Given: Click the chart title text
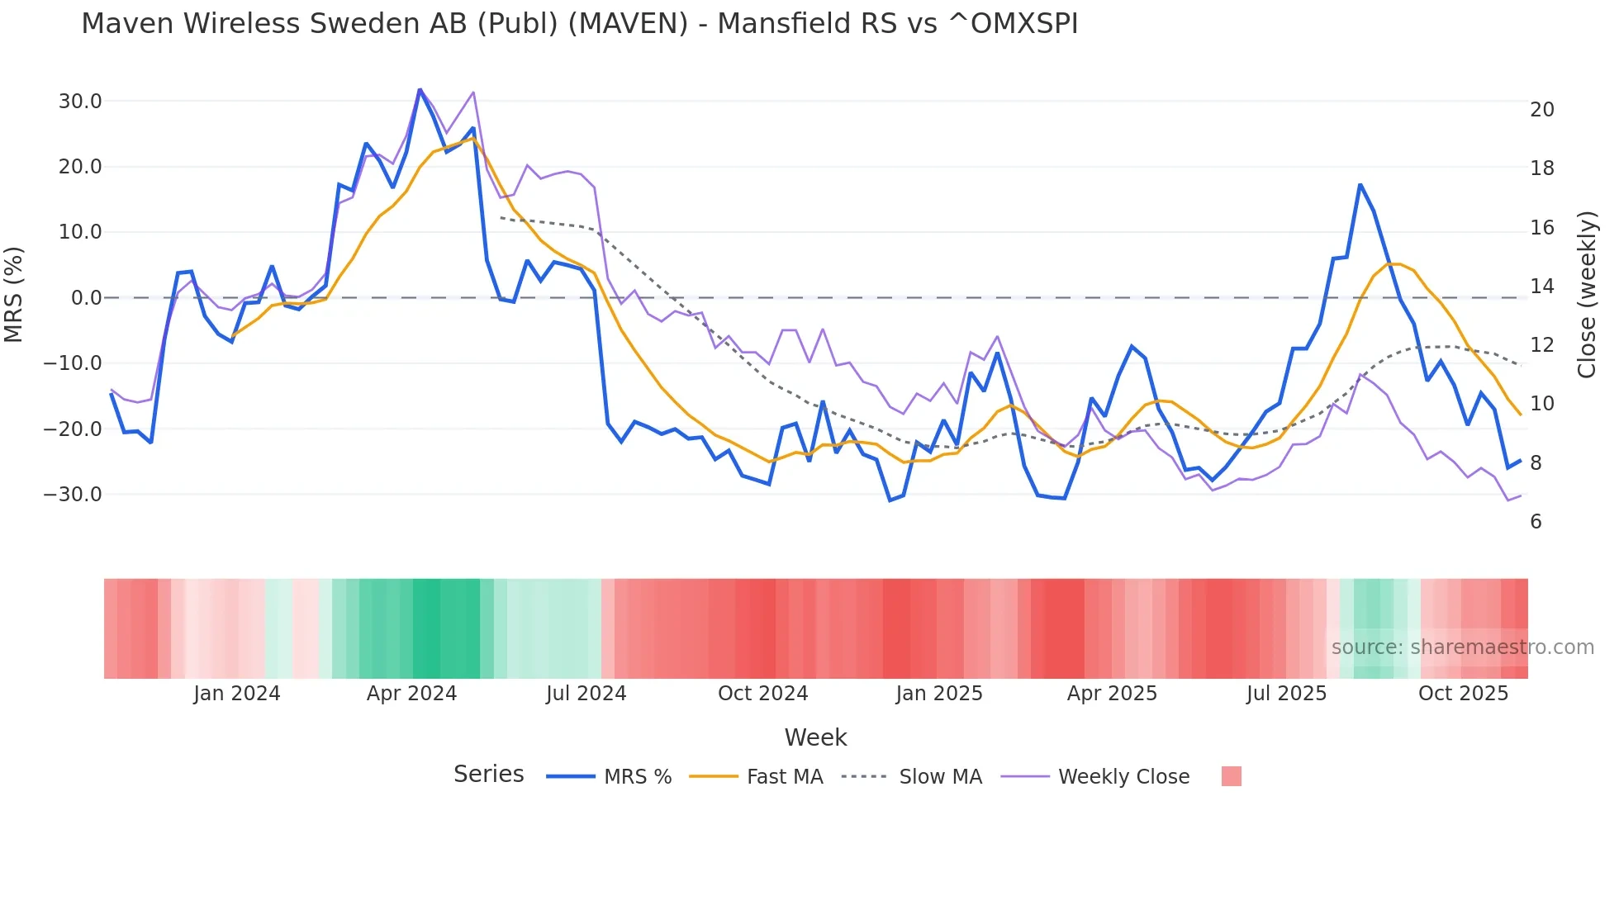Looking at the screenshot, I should tap(579, 24).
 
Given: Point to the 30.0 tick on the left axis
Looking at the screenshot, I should tap(80, 102).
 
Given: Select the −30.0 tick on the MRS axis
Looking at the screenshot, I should tap(74, 495).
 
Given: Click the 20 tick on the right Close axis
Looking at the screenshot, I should tap(1541, 110).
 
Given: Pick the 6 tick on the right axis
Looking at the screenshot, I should tap(1536, 522).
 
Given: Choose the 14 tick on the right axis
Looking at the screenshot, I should tap(1541, 287).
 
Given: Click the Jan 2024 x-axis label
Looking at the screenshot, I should tap(237, 694).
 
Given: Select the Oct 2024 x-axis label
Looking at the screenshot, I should tap(762, 694).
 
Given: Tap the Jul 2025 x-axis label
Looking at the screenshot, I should tap(1286, 694).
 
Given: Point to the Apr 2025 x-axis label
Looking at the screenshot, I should tap(1112, 694).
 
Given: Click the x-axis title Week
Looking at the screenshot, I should tap(815, 737).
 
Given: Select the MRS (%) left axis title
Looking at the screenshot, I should tap(14, 294).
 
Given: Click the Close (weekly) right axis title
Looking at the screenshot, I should tap(1587, 295).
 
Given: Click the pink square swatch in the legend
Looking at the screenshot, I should tap(1231, 776).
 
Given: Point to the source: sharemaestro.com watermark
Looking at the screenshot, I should tap(1462, 647).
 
